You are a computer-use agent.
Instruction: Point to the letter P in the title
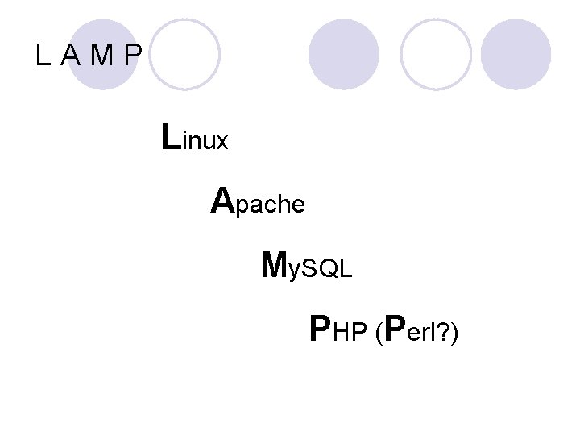[133, 56]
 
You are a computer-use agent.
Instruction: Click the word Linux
[195, 138]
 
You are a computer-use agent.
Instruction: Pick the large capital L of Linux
[170, 136]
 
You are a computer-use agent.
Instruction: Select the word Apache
[258, 201]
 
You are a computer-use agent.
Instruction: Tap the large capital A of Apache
[222, 200]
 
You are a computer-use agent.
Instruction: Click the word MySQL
[307, 265]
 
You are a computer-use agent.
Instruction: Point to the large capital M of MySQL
[275, 263]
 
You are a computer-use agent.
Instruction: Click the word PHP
[338, 329]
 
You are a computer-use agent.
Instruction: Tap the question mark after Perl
[444, 331]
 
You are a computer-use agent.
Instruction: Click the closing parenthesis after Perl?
[455, 332]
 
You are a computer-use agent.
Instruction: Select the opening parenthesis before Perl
[378, 332]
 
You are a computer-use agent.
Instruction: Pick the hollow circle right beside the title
[184, 54]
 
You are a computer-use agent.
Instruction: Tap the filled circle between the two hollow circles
[344, 54]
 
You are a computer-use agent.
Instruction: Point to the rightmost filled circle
[516, 54]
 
